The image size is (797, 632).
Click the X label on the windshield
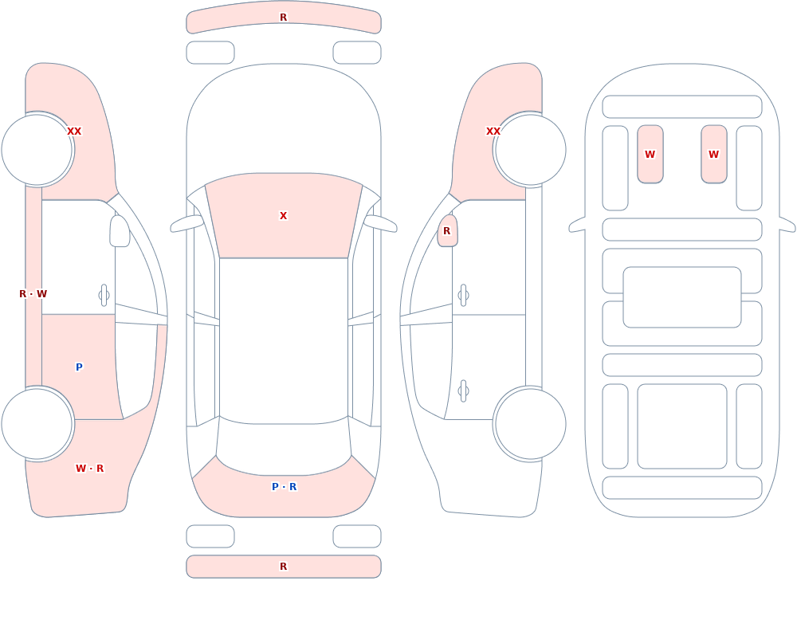click(283, 216)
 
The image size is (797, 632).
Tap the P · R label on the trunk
click(285, 487)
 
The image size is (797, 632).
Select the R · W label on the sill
click(33, 294)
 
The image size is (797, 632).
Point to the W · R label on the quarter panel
click(89, 469)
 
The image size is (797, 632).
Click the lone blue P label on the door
click(79, 367)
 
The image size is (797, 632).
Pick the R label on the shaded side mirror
click(447, 231)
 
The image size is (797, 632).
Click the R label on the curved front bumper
click(283, 18)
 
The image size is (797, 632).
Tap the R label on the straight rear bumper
click(283, 567)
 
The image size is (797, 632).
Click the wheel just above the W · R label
click(37, 423)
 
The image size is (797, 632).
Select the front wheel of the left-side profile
click(37, 150)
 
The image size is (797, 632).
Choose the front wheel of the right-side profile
click(530, 150)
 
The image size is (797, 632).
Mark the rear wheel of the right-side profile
click(530, 423)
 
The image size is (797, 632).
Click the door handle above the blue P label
click(104, 296)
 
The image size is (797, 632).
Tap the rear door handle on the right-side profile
click(463, 391)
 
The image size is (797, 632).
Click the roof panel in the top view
click(284, 340)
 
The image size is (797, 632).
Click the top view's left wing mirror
click(186, 223)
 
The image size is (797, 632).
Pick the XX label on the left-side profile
click(74, 132)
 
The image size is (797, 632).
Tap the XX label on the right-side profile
click(493, 132)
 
